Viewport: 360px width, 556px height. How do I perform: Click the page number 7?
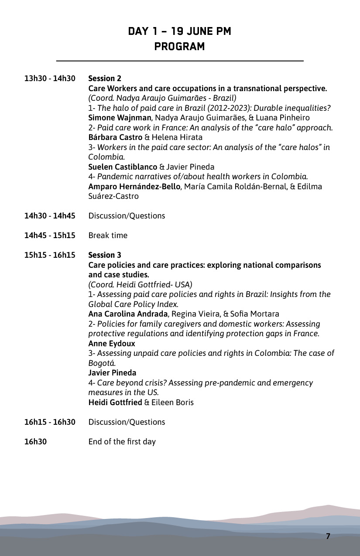coord(328,536)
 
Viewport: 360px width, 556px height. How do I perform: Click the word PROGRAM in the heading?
coord(179,47)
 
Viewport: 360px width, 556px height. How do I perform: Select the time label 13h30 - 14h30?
coord(50,79)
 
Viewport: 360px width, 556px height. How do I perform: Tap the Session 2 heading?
coord(105,79)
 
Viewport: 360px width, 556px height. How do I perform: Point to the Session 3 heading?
coord(105,255)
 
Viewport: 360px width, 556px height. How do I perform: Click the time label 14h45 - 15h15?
coord(50,235)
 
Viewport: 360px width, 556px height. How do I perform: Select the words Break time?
coord(108,235)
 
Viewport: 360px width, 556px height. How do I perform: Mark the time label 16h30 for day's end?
coord(35,442)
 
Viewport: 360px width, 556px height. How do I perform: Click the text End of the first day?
coord(122,442)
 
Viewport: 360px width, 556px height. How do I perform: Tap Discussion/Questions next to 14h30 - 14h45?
coord(127,216)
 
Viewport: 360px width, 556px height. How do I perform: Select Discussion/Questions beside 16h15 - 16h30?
coord(127,422)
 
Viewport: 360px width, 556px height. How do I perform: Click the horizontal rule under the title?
coord(179,61)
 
